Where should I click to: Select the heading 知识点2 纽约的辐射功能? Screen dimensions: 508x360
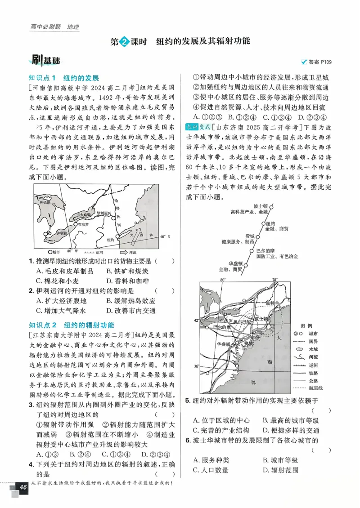tap(71, 325)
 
